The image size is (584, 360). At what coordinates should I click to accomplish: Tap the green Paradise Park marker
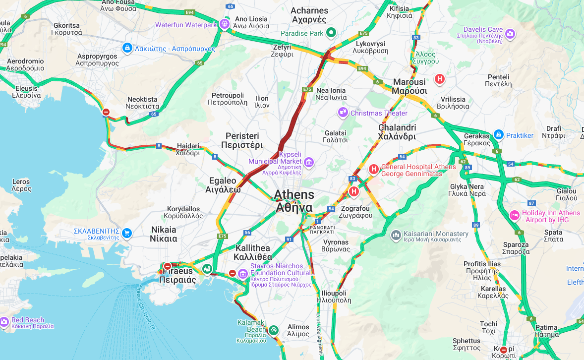click(x=331, y=33)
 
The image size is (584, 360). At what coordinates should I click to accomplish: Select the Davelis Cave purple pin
click(x=510, y=34)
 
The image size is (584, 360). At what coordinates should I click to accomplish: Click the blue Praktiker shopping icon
click(x=498, y=135)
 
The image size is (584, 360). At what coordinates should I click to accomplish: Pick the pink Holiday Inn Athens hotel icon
click(x=515, y=216)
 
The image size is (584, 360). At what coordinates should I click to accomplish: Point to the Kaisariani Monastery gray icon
click(x=396, y=235)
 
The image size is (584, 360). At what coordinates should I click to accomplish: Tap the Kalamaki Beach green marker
click(x=273, y=330)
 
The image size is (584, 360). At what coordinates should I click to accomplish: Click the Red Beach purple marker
click(x=4, y=322)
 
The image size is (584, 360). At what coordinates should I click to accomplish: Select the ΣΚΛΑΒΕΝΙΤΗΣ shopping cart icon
click(x=127, y=233)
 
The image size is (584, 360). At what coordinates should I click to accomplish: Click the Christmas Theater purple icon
click(x=343, y=113)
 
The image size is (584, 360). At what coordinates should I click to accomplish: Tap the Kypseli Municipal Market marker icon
click(x=309, y=162)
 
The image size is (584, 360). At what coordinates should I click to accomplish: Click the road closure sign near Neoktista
click(x=106, y=112)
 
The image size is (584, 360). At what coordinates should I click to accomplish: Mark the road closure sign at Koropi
click(x=504, y=350)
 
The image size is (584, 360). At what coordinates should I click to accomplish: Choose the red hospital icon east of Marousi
click(x=439, y=79)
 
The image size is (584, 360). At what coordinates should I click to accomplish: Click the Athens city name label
click(x=294, y=200)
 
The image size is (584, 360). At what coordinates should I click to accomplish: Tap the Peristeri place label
click(x=242, y=140)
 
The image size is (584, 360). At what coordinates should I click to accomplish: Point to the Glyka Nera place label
click(x=467, y=190)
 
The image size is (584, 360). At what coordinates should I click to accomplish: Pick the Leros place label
click(x=21, y=185)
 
